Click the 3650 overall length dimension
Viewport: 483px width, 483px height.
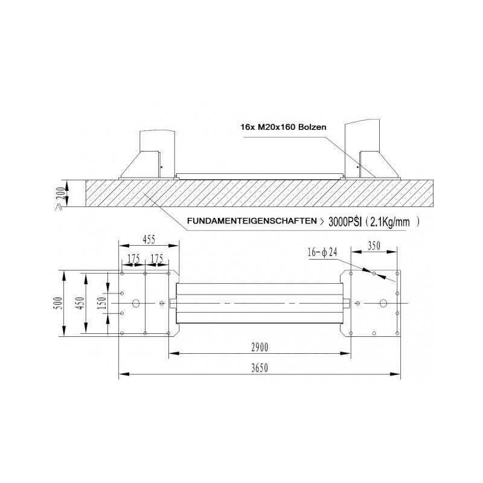(x=260, y=368)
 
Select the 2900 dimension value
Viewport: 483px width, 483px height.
(x=260, y=348)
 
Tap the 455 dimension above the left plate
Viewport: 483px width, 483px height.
(x=149, y=240)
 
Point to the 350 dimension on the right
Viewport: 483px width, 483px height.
(x=374, y=246)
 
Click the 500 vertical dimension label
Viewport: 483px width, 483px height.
(x=59, y=303)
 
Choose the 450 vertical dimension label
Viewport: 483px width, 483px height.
(x=80, y=303)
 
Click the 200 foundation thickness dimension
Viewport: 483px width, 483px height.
(x=62, y=193)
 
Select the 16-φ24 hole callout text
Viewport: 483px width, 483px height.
(x=322, y=252)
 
